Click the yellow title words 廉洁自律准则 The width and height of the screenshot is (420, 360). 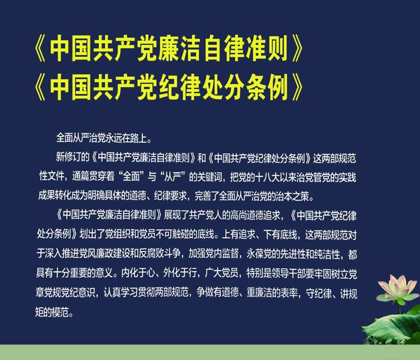[223, 49]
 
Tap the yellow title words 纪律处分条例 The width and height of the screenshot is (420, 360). [223, 87]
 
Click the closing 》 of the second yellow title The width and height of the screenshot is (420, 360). [297, 87]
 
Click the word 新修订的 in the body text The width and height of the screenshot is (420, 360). [73, 157]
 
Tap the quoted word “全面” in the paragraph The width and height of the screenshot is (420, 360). [131, 177]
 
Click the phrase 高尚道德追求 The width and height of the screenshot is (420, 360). [255, 215]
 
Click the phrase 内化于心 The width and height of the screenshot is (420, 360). [137, 273]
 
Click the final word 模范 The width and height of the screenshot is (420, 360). [60, 312]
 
